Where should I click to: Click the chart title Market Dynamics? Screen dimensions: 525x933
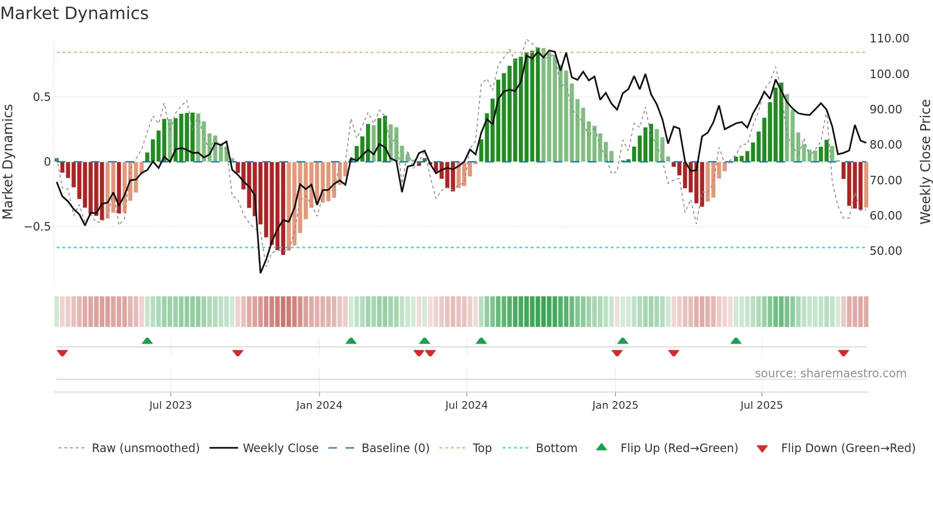pyautogui.click(x=74, y=13)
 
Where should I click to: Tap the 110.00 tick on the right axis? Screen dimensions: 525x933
pyautogui.click(x=889, y=39)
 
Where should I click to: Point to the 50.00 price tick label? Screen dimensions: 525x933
pyautogui.click(x=885, y=251)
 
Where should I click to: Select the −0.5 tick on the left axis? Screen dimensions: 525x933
pyautogui.click(x=37, y=227)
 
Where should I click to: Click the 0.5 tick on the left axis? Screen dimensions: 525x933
pyautogui.click(x=41, y=97)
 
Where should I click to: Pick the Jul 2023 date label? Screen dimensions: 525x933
pyautogui.click(x=170, y=405)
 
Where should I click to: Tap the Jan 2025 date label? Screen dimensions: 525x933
pyautogui.click(x=615, y=405)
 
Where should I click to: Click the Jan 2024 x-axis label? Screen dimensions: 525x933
pyautogui.click(x=318, y=405)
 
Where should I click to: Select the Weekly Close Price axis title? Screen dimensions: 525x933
pyautogui.click(x=925, y=162)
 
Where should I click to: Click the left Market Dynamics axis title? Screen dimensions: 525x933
pyautogui.click(x=8, y=162)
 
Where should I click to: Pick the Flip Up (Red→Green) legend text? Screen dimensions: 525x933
pyautogui.click(x=679, y=448)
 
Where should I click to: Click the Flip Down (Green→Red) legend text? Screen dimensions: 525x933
pyautogui.click(x=848, y=448)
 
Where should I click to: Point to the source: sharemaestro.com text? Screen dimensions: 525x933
pyautogui.click(x=830, y=374)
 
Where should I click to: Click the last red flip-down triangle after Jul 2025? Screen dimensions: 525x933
pyautogui.click(x=843, y=353)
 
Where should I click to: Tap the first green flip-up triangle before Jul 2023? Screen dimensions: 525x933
pyautogui.click(x=147, y=341)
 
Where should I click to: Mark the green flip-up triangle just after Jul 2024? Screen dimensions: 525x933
pyautogui.click(x=481, y=341)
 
